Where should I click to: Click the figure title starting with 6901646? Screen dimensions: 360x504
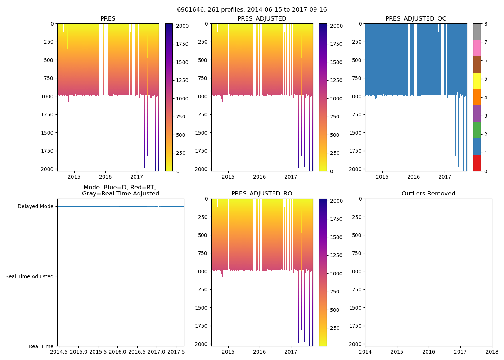click(x=252, y=10)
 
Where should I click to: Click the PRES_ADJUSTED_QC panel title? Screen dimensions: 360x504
click(x=416, y=19)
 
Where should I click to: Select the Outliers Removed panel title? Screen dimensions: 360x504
click(x=428, y=194)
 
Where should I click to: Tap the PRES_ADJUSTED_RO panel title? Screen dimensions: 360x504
click(x=262, y=194)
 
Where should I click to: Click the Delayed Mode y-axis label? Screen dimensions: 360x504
click(x=35, y=207)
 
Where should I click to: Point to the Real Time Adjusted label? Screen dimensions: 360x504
click(x=30, y=276)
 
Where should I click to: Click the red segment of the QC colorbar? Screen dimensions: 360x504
click(x=477, y=163)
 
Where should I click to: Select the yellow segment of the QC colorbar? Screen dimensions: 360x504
click(x=477, y=81)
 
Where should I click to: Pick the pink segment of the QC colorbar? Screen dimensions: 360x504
click(x=477, y=48)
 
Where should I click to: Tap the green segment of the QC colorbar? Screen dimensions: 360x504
click(x=477, y=130)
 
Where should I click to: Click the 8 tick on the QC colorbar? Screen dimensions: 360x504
click(x=486, y=24)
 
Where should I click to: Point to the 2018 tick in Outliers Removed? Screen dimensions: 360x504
click(x=492, y=352)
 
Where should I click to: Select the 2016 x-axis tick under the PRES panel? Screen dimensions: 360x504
click(x=105, y=177)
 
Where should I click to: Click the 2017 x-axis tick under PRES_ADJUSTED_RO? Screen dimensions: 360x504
click(x=291, y=352)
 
